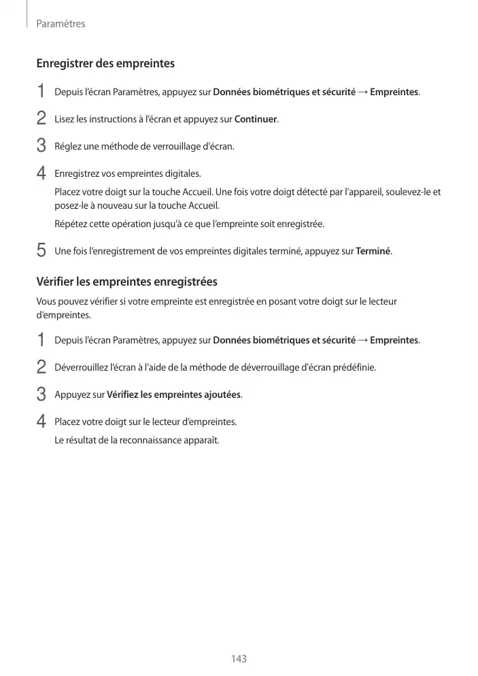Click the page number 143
point(239,659)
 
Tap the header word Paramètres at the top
point(61,24)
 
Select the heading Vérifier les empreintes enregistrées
point(126,281)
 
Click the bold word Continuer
point(256,119)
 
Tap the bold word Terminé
point(373,251)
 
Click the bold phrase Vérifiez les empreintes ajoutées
point(174,394)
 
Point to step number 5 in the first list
point(41,251)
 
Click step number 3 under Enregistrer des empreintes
point(41,146)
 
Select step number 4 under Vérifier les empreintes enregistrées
point(41,422)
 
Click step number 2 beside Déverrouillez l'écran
point(41,367)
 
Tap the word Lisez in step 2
point(65,119)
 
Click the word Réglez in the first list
point(67,146)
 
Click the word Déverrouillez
point(82,367)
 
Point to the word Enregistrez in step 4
point(75,173)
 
